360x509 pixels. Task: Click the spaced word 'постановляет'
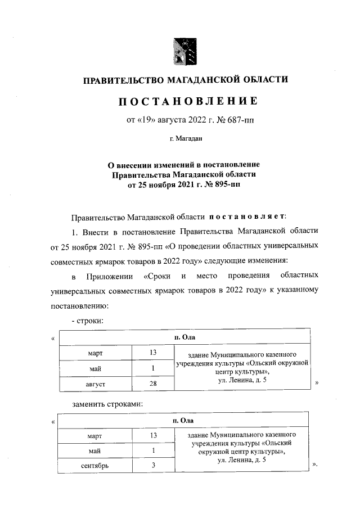[249, 216]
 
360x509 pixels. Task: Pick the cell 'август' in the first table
[93, 384]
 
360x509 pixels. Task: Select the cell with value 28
[152, 384]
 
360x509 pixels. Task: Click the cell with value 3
[152, 466]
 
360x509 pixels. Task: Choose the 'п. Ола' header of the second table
[183, 420]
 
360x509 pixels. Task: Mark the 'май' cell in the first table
[93, 368]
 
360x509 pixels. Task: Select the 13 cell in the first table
[152, 353]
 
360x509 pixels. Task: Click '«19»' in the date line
[146, 120]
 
